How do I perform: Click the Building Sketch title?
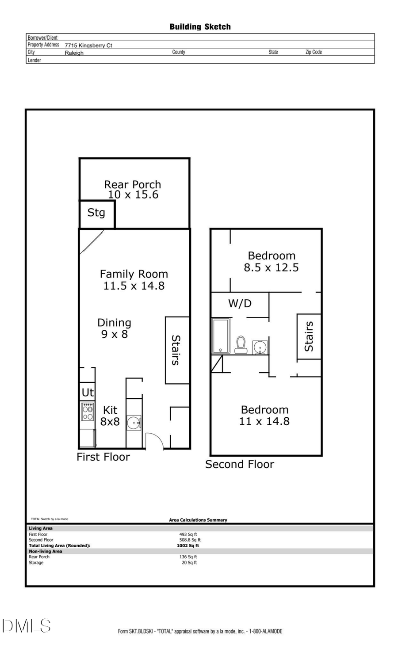point(200,27)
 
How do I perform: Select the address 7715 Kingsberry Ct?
point(88,46)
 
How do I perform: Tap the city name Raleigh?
point(74,53)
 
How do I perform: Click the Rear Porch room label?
point(132,184)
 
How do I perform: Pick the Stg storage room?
point(96,213)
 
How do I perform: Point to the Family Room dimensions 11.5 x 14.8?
point(134,286)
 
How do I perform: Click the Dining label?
point(114,323)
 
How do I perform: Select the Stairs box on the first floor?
point(177,350)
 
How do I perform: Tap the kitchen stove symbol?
point(88,412)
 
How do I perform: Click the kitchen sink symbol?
point(134,423)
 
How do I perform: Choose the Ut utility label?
point(88,393)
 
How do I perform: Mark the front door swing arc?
point(155,440)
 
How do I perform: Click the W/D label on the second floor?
point(240,304)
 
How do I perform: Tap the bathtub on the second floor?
point(221,336)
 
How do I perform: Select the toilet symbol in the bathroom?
point(241,345)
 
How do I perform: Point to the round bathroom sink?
point(260,347)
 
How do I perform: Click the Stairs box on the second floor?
point(309,336)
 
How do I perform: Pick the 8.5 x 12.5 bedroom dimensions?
point(271,268)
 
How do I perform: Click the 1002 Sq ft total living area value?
point(188,546)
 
